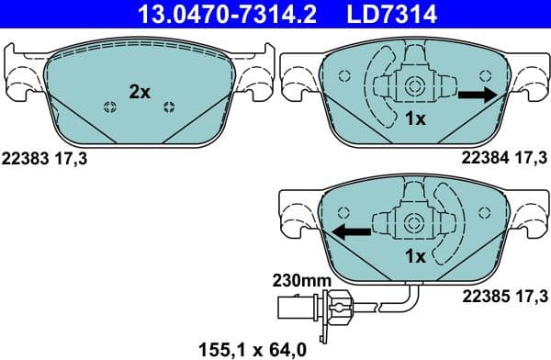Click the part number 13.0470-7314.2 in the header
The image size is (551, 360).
click(x=202, y=14)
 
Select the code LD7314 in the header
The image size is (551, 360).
click(x=378, y=14)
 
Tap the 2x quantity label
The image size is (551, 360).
click(x=139, y=91)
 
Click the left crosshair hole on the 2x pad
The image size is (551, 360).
click(x=109, y=108)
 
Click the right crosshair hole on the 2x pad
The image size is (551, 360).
click(x=168, y=108)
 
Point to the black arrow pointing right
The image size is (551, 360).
click(x=477, y=95)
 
